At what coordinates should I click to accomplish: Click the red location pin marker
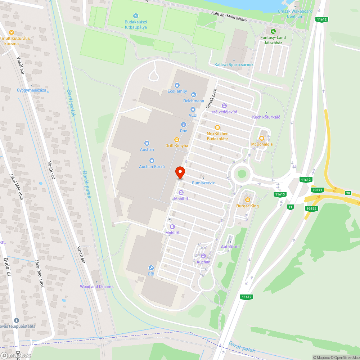click(x=180, y=172)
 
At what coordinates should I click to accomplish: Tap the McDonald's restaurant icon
click(x=262, y=139)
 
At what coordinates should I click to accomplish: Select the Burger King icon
click(x=247, y=200)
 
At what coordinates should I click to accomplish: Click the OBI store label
click(x=151, y=274)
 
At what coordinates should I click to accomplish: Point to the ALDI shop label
click(x=193, y=115)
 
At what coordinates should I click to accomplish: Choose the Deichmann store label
click(x=194, y=101)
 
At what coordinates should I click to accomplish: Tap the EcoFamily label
click(x=177, y=91)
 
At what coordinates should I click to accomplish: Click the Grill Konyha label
click(x=176, y=145)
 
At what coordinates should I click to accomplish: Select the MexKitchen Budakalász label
click(x=217, y=136)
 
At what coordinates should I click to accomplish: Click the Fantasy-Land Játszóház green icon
click(x=273, y=31)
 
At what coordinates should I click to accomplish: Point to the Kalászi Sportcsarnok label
click(x=234, y=65)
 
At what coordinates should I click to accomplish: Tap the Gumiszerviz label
click(x=203, y=183)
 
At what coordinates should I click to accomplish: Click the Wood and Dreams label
click(x=96, y=287)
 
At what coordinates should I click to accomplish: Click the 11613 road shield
click(x=280, y=194)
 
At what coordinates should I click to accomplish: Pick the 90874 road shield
click(x=311, y=208)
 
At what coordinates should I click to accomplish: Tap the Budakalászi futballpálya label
click(x=136, y=24)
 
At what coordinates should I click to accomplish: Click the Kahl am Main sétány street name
click(x=229, y=17)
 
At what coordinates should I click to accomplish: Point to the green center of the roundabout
click(x=242, y=174)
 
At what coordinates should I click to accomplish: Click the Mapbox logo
click(x=15, y=355)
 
